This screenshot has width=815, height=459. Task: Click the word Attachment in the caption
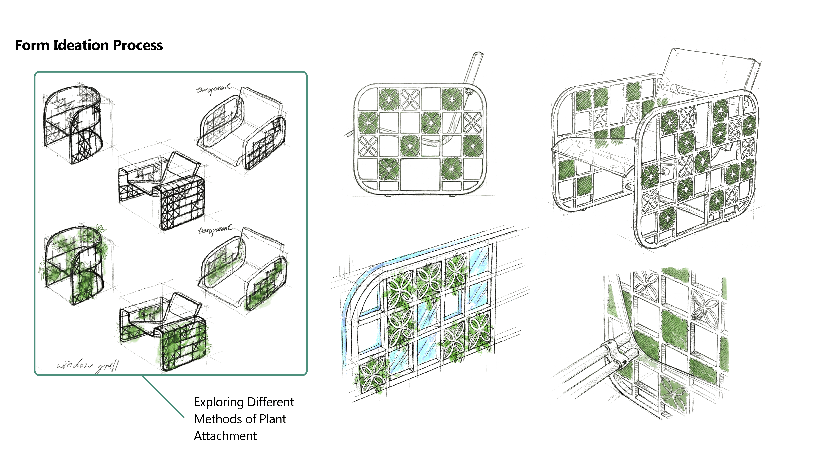tap(225, 436)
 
